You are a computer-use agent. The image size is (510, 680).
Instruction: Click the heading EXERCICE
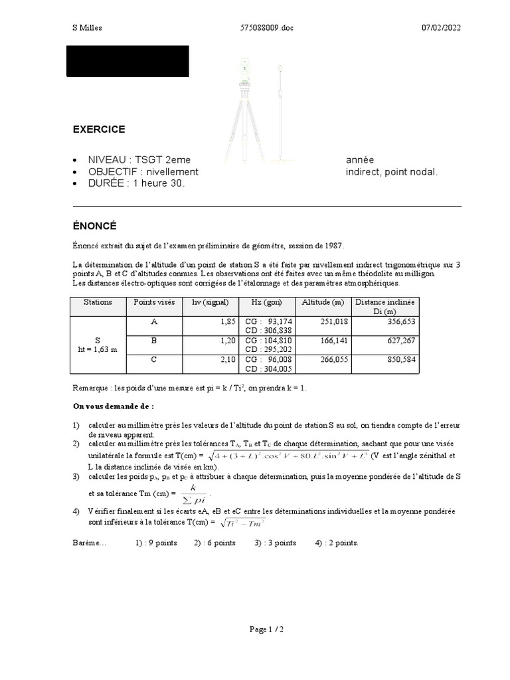pos(99,129)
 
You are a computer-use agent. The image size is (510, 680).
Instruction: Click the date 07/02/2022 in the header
pos(441,27)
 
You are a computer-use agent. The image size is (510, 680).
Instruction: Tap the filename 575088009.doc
pos(265,27)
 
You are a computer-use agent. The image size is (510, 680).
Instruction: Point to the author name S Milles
pos(87,27)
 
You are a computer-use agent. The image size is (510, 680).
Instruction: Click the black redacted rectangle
pos(127,61)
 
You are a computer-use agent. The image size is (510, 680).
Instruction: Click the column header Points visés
pos(154,302)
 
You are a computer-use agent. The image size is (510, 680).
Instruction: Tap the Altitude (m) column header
pos(323,302)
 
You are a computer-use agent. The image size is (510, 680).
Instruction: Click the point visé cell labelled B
pos(154,340)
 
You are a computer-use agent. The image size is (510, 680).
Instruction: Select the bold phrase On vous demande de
pos(112,405)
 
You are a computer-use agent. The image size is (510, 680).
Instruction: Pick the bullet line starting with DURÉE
pos(136,183)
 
